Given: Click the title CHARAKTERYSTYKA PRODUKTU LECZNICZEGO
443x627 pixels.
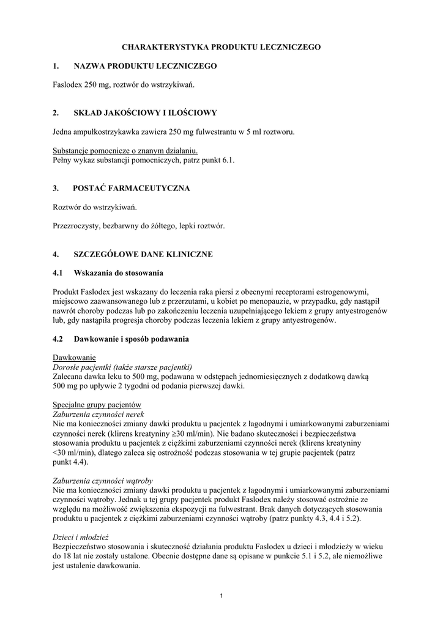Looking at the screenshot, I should click(x=221, y=47).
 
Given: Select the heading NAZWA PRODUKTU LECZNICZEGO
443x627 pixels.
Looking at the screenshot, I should click(x=145, y=66).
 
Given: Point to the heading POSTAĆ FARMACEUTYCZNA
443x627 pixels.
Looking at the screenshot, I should click(x=131, y=188).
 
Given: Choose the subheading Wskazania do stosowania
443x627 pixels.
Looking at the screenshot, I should click(x=119, y=272).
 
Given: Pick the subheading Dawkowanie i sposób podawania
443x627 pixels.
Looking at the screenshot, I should click(x=132, y=339).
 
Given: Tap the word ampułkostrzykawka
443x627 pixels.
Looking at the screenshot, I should click(x=105, y=132).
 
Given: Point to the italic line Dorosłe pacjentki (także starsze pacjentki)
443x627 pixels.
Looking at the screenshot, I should click(x=114, y=367).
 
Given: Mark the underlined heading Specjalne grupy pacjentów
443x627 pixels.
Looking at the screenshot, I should click(x=97, y=405).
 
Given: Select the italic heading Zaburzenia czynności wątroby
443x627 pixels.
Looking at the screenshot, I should click(x=103, y=481).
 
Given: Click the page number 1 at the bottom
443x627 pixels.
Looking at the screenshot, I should click(x=221, y=596).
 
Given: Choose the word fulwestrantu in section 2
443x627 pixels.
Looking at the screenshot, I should click(x=215, y=132).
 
